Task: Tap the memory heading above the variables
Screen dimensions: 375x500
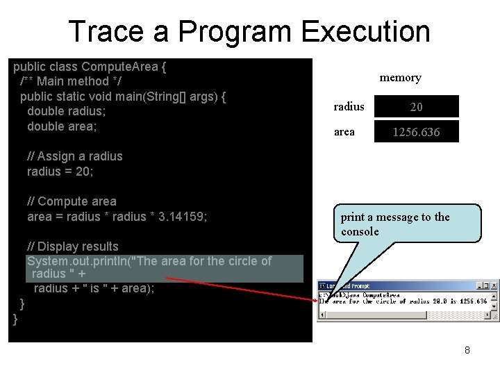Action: (x=400, y=78)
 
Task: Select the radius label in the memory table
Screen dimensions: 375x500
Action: (x=349, y=106)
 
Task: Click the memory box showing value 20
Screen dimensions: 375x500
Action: (x=416, y=106)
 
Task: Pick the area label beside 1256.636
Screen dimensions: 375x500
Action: (x=344, y=131)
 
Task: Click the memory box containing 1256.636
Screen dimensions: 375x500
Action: (x=416, y=132)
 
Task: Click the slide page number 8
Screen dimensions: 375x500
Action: (x=467, y=350)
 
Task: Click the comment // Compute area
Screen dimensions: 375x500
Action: (x=72, y=201)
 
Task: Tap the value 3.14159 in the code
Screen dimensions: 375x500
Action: (x=182, y=217)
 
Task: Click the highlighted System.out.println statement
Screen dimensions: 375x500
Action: (x=149, y=262)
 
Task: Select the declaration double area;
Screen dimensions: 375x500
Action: (x=62, y=126)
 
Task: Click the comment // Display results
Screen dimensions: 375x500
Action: (x=72, y=247)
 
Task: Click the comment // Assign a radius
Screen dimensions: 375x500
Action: (x=74, y=156)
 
